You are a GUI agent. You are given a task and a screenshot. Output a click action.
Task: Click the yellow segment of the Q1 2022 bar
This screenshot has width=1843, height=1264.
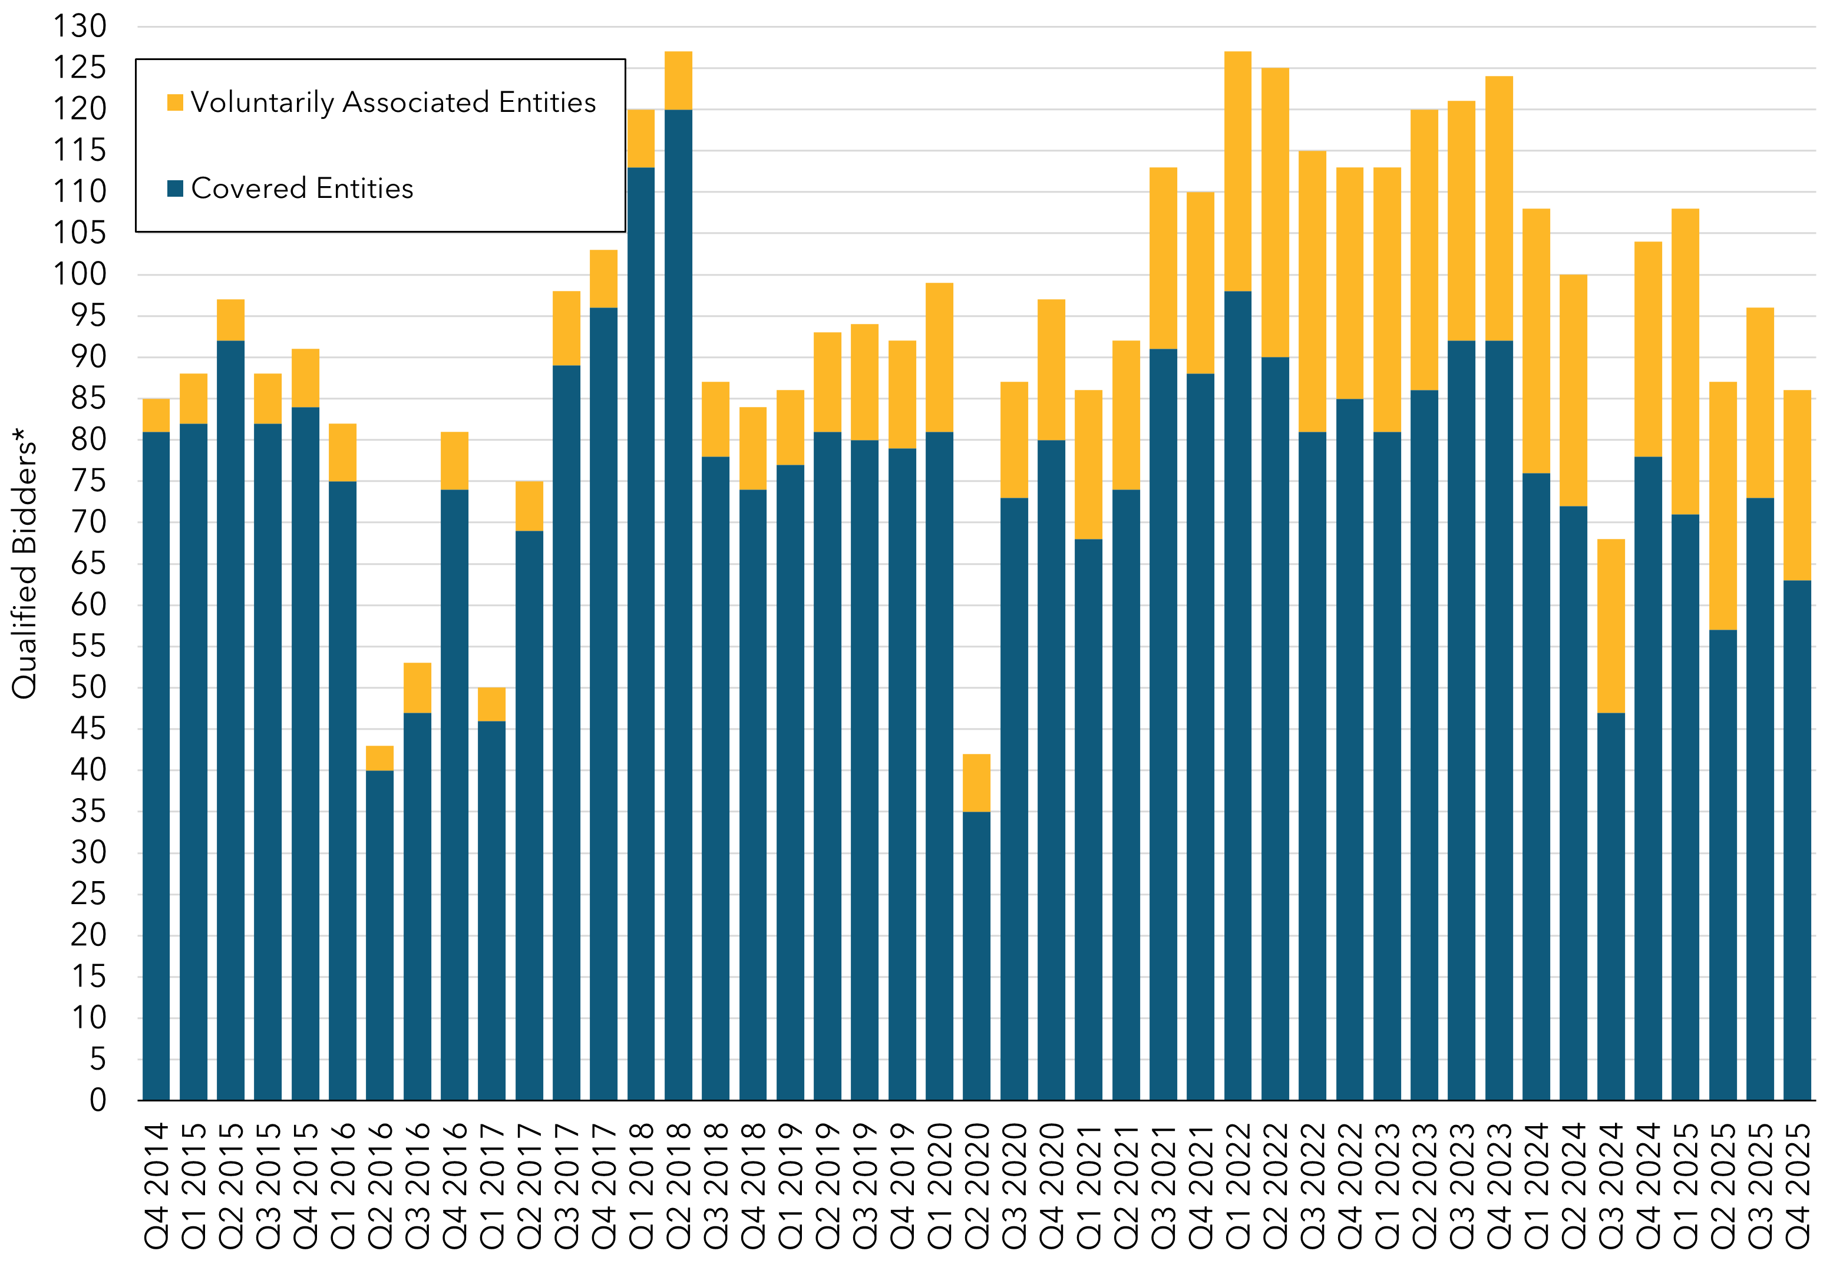click(x=1237, y=171)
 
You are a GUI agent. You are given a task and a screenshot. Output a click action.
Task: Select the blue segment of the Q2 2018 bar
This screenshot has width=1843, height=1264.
click(x=678, y=603)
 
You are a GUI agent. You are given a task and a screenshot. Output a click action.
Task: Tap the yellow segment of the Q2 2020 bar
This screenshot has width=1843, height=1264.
click(x=976, y=783)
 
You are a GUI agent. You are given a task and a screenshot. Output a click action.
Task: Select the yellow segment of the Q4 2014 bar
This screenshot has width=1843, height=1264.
click(x=156, y=415)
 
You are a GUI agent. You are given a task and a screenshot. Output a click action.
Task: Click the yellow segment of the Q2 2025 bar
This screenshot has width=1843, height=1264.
click(x=1722, y=506)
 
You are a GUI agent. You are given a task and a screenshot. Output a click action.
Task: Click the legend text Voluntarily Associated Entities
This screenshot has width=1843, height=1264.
click(x=394, y=102)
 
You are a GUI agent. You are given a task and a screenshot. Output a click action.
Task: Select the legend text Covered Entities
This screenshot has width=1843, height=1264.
click(x=302, y=188)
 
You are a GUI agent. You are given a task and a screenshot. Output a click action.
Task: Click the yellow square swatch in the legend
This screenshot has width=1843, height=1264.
click(x=175, y=102)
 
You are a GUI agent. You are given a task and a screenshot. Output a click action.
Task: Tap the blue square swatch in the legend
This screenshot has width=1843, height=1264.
click(x=175, y=188)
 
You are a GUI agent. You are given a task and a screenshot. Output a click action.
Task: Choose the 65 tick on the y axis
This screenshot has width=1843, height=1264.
click(x=87, y=564)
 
